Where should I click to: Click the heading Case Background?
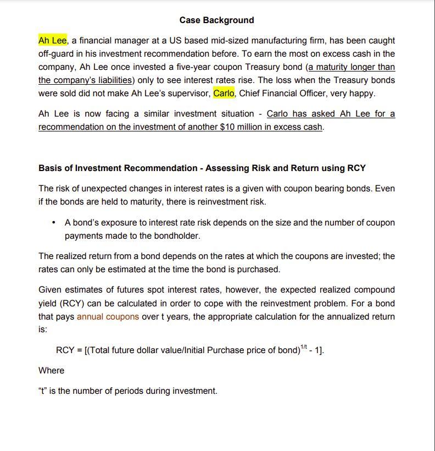(x=216, y=20)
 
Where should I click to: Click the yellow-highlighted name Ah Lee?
(x=52, y=41)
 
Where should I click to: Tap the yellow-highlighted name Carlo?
(x=224, y=94)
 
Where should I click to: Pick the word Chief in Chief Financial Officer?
(x=250, y=94)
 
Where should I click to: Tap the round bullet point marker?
(x=53, y=223)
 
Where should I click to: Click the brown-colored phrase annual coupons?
(x=108, y=317)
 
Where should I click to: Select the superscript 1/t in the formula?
(x=305, y=346)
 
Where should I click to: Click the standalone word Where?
(x=51, y=371)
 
